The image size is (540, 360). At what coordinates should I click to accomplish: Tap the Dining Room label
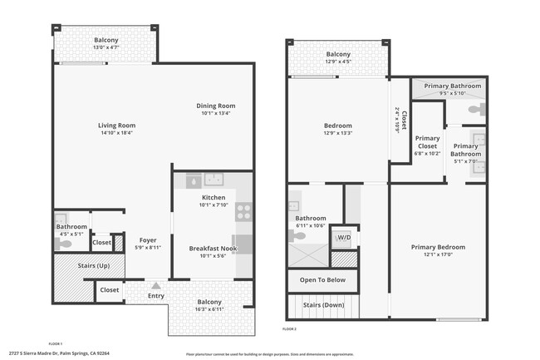coord(216,106)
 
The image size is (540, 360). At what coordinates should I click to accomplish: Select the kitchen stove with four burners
coord(244,212)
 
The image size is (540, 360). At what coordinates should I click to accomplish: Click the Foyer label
coord(148,240)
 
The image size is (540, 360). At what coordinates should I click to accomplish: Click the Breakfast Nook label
coord(214,249)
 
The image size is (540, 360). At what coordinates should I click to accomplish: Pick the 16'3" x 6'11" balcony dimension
coord(209,308)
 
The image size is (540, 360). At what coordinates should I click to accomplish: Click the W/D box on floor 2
coord(342,238)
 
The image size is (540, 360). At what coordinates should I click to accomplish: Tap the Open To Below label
coord(322,280)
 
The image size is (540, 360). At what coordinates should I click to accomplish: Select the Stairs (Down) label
coord(322,305)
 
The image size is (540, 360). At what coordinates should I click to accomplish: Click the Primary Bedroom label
coord(439,247)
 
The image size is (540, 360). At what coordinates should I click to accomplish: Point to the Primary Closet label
coord(427,143)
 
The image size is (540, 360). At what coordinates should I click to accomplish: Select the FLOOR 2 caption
coord(289,330)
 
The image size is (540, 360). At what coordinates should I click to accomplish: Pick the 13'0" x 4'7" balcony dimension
coord(106,47)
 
